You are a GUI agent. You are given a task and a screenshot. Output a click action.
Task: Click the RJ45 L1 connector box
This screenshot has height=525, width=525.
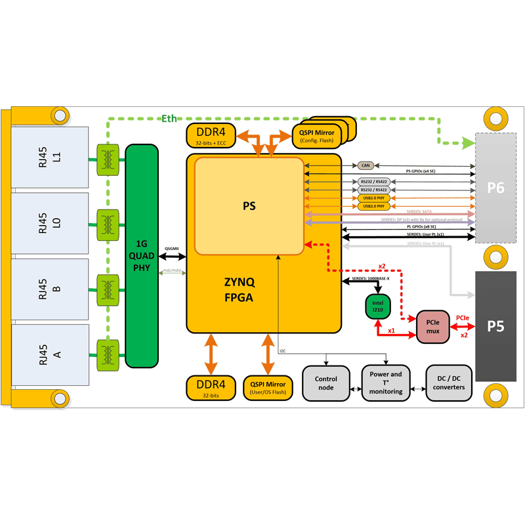[50, 157]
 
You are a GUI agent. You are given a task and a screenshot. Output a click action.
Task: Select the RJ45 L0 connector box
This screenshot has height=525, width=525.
[50, 223]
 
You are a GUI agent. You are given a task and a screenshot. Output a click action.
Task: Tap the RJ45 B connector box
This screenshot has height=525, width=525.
[50, 289]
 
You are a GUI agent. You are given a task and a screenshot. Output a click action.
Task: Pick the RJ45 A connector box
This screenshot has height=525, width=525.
[50, 354]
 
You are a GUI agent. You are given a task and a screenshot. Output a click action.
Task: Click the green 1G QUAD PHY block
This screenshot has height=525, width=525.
[142, 256]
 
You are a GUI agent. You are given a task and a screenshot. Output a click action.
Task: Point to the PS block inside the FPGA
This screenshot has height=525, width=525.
[249, 206]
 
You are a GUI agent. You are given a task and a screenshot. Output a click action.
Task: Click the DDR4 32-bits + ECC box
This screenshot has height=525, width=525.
[211, 135]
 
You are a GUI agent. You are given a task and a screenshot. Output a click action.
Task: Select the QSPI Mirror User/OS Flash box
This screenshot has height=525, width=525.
[268, 388]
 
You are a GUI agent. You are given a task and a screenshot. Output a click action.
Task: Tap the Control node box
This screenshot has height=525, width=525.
[326, 383]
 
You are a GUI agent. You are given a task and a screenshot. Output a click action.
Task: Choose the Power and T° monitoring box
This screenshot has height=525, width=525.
[386, 383]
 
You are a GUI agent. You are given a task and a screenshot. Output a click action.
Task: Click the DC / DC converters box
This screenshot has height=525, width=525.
[449, 383]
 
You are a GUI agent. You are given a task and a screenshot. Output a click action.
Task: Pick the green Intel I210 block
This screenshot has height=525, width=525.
[378, 306]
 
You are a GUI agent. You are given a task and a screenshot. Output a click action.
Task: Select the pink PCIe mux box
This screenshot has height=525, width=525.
[432, 327]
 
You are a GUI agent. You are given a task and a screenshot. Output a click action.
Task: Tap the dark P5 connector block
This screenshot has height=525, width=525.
[495, 326]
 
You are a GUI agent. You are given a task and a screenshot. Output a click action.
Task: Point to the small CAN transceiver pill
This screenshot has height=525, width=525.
[366, 166]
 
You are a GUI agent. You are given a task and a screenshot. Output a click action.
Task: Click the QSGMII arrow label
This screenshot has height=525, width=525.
[172, 249]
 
